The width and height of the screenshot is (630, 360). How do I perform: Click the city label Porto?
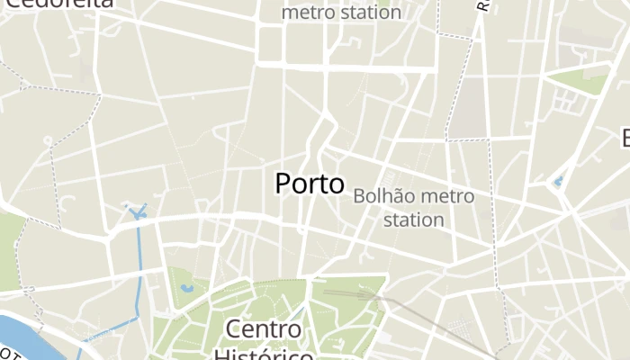[309, 184]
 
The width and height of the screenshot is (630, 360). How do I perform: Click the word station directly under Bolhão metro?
[413, 219]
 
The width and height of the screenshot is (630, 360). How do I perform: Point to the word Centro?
[264, 328]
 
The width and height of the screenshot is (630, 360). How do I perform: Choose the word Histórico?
[264, 354]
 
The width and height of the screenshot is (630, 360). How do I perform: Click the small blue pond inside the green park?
[186, 289]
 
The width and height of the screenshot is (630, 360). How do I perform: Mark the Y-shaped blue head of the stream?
[137, 213]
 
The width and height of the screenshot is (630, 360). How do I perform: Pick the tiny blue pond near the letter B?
[558, 182]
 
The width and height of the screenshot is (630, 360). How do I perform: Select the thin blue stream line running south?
[139, 270]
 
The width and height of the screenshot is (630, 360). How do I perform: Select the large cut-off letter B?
[625, 138]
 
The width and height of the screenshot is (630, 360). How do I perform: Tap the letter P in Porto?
[283, 184]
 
